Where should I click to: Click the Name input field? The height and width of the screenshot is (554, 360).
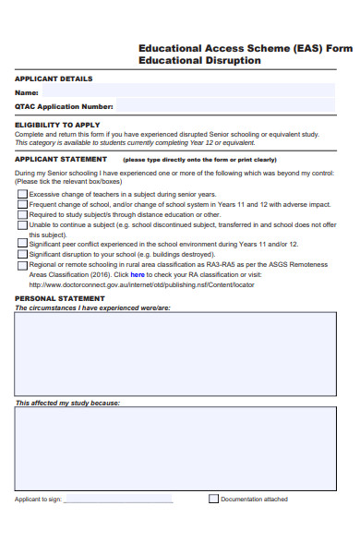tap(185, 92)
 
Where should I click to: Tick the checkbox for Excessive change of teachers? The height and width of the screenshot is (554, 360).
tap(22, 195)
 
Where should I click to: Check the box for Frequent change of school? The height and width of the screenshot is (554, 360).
tap(22, 205)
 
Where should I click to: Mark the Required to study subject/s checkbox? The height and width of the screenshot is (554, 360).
tap(22, 215)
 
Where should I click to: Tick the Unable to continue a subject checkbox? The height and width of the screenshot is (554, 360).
tap(22, 224)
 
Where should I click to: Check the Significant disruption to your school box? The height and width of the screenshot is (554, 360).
tap(22, 255)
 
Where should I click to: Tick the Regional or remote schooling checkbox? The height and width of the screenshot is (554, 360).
tap(22, 265)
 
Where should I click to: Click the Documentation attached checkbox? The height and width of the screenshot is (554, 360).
tap(213, 500)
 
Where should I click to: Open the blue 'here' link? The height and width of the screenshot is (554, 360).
tap(137, 275)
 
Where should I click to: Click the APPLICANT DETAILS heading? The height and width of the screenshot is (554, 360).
tap(54, 78)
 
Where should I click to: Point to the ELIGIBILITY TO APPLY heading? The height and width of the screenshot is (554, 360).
tap(57, 125)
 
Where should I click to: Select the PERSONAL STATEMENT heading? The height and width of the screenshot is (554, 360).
tap(60, 299)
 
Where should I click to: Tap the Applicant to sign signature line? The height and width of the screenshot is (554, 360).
tap(118, 500)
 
